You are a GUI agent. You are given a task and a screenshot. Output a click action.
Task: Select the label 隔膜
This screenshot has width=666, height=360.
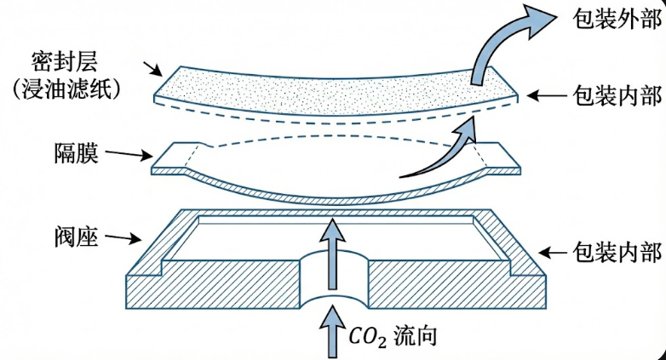click(x=76, y=153)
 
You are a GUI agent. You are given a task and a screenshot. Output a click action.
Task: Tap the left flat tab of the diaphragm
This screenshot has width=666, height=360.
click(x=175, y=158)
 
